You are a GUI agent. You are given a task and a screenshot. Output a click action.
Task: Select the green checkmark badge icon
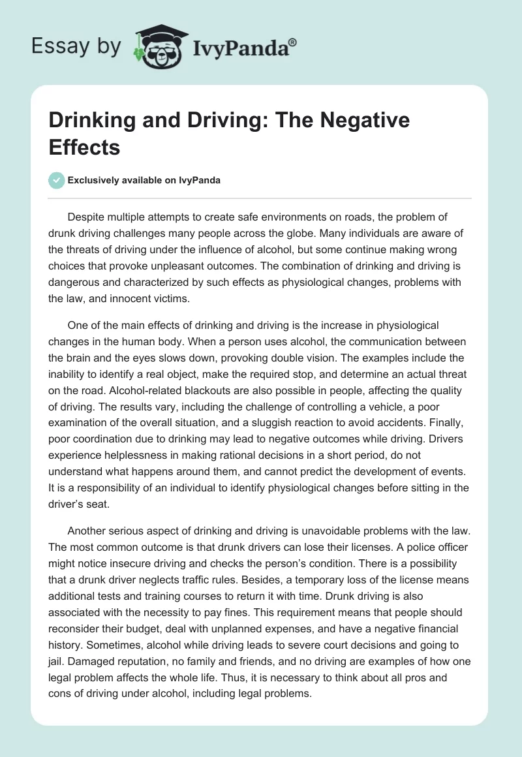[57, 180]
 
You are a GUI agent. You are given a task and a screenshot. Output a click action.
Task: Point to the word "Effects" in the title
[84, 147]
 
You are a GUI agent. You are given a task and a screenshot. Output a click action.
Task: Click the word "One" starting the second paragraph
[77, 324]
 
